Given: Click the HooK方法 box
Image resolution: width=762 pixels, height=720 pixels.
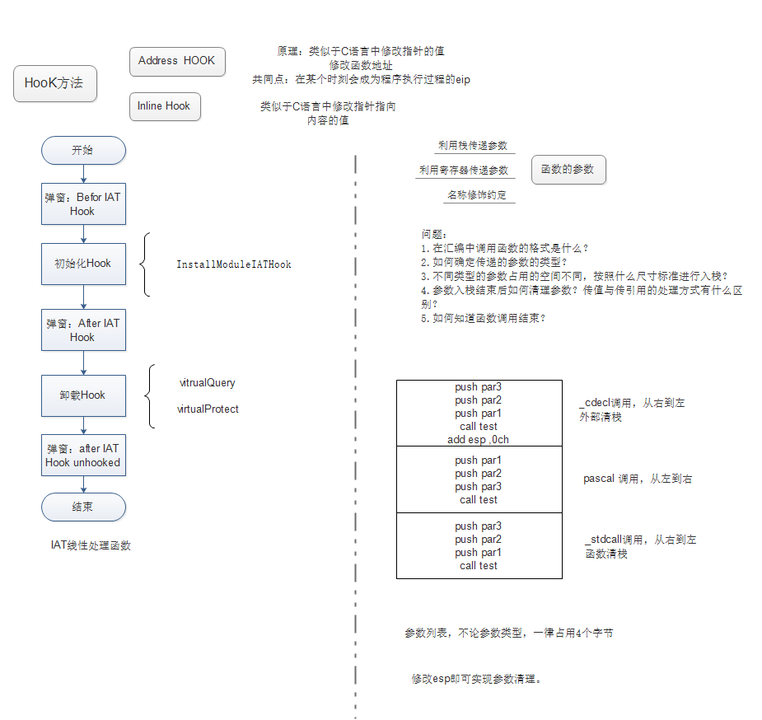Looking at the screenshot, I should tap(55, 83).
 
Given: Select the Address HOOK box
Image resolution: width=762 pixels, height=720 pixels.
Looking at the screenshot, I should tap(177, 61).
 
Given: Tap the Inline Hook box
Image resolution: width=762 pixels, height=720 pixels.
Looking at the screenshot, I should tap(165, 106).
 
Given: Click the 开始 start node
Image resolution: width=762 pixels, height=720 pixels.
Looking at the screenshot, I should tap(83, 151).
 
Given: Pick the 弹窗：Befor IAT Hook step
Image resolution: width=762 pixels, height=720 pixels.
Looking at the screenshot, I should tap(83, 204).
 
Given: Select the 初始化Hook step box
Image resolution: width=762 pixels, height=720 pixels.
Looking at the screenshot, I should tap(83, 264).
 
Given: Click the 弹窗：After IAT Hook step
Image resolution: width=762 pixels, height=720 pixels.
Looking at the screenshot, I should tap(83, 330).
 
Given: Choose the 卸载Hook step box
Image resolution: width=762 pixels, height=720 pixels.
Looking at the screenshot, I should tap(83, 395).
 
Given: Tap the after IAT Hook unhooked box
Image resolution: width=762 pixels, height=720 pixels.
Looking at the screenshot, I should tap(83, 456).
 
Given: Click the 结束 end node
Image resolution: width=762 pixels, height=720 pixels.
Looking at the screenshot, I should tap(83, 507).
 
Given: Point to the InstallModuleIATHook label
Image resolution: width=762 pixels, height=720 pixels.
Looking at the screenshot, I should tap(234, 264).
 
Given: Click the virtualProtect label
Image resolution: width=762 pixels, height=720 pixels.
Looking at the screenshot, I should tap(208, 409).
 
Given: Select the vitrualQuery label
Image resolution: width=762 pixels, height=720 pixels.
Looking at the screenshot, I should tap(208, 383).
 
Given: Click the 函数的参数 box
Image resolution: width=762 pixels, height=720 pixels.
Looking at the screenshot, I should tap(568, 170).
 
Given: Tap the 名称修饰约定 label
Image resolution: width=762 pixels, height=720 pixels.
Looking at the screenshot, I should tap(477, 195).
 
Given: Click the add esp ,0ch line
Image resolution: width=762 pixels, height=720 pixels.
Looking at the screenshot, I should tap(479, 439).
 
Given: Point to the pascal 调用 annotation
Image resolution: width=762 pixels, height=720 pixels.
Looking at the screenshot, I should tap(638, 479).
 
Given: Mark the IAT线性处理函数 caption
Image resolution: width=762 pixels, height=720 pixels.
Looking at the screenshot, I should tap(91, 545).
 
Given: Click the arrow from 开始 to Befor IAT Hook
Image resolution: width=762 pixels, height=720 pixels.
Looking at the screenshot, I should tap(83, 174).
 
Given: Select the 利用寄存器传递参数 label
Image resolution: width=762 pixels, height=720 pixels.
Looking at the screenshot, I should tap(464, 171).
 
